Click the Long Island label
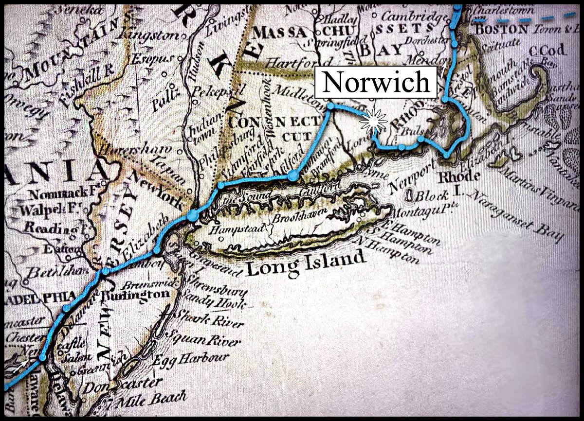click(x=305, y=263)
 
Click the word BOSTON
click(x=501, y=29)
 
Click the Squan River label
click(x=204, y=340)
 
